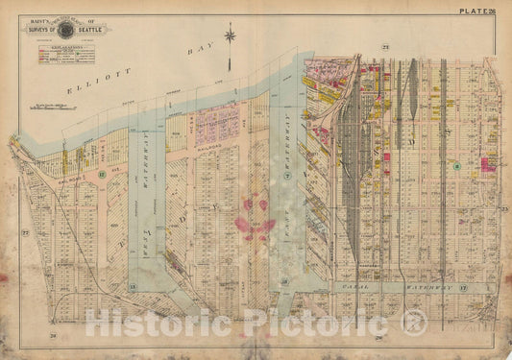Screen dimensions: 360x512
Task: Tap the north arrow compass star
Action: pos(231,36)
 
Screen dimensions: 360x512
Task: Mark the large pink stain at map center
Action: pos(256,217)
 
